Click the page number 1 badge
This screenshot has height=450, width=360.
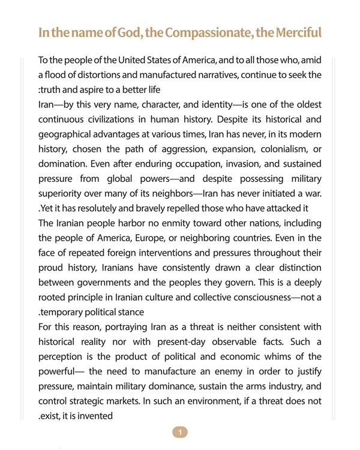tap(179, 431)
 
